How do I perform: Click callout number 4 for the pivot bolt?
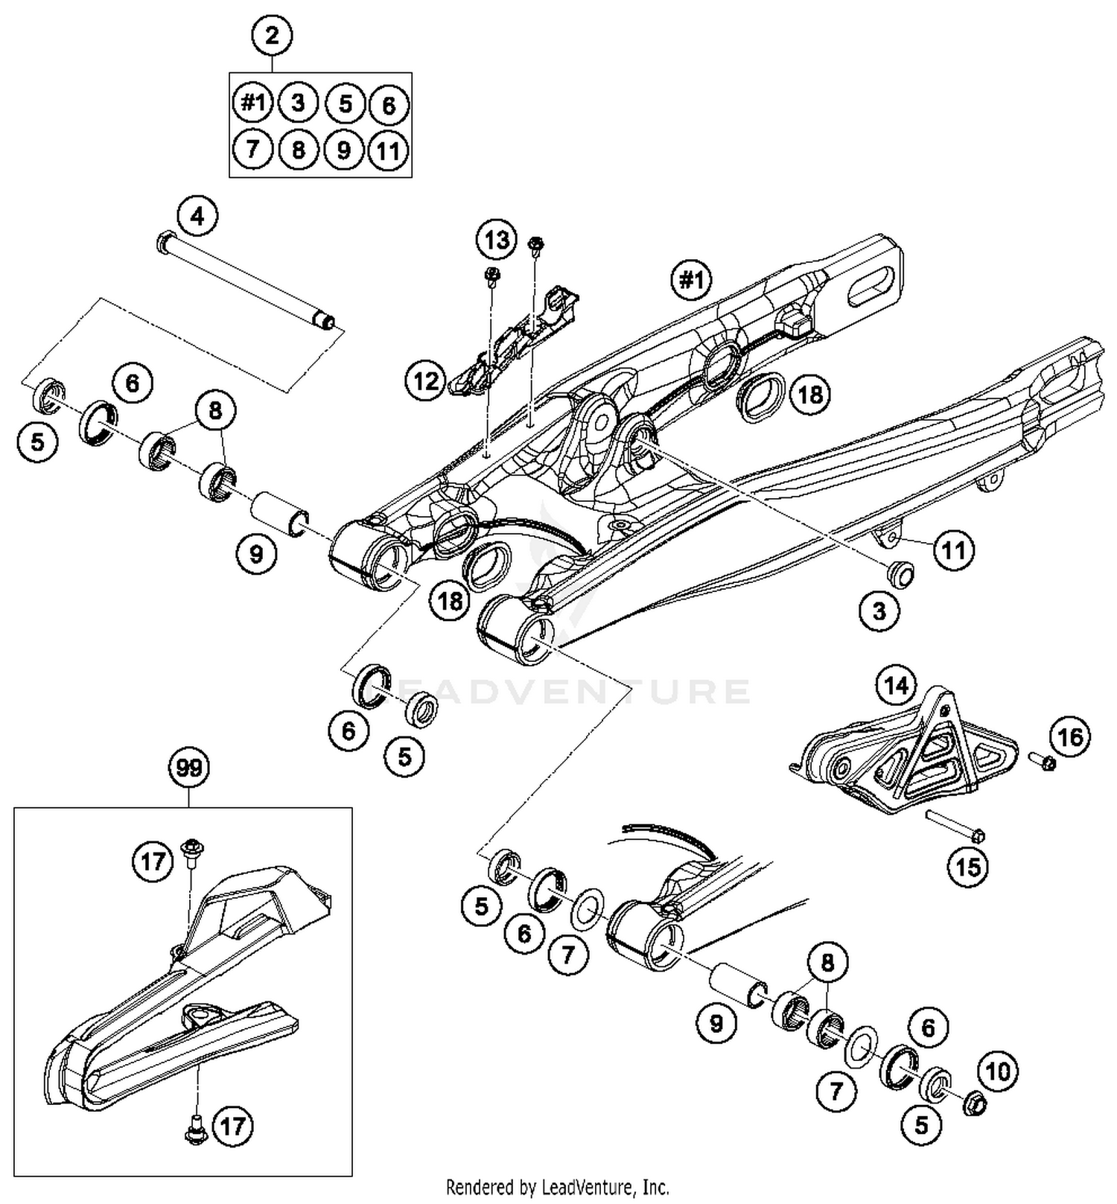197,217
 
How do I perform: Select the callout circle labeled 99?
189,768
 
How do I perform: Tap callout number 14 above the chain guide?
896,685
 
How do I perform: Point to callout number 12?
426,381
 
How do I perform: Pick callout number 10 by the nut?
997,1071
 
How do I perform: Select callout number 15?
967,867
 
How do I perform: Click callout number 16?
1070,737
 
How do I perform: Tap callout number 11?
954,550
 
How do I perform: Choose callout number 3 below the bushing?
879,611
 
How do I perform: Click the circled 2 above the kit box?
271,35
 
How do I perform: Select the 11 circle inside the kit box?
388,151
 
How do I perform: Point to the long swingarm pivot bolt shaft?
246,283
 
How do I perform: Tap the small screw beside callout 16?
1041,761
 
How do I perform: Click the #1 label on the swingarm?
691,280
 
